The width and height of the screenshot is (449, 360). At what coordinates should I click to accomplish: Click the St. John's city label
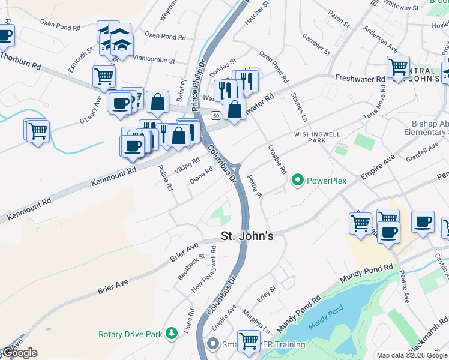(247, 236)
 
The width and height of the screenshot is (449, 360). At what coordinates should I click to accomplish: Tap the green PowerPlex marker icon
(297, 180)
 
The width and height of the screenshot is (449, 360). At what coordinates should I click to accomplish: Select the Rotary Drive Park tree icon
(172, 332)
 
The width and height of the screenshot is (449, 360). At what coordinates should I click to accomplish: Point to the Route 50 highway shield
(215, 112)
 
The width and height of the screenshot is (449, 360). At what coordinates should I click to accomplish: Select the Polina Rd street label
(166, 178)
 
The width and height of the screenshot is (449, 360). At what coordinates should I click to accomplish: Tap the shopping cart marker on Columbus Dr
(249, 341)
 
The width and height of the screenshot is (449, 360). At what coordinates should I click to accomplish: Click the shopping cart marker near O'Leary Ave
(104, 76)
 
